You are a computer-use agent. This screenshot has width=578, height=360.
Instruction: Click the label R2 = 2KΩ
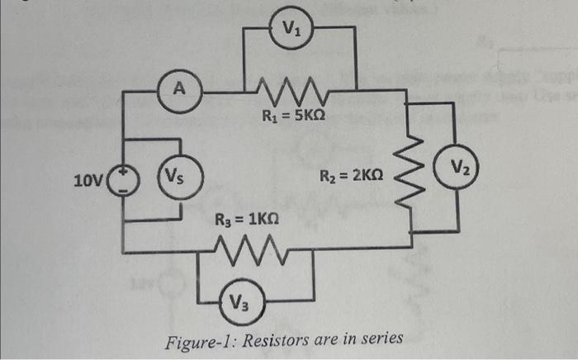click(x=351, y=177)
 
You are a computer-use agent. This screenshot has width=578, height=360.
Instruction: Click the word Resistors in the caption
click(x=269, y=338)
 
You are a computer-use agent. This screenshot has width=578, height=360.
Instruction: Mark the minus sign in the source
click(x=125, y=187)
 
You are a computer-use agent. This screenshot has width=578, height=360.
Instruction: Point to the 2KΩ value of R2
click(x=367, y=177)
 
